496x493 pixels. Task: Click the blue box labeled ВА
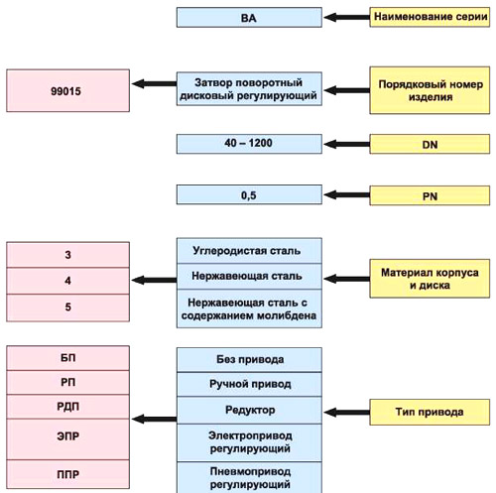[249, 18]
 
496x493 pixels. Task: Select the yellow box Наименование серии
[430, 17]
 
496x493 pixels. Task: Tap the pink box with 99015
[67, 90]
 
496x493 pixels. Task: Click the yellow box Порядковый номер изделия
[430, 90]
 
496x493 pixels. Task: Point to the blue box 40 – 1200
[249, 144]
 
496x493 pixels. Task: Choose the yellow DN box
[430, 144]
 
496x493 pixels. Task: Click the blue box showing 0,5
[249, 194]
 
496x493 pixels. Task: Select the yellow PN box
[430, 195]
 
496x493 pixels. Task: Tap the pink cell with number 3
[67, 255]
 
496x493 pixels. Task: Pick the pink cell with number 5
[67, 308]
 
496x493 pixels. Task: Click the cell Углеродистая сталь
[249, 251]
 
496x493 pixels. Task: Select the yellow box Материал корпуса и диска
[430, 279]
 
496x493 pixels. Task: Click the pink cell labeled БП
[67, 358]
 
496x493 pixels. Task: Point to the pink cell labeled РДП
[67, 407]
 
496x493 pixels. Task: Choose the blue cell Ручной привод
[249, 384]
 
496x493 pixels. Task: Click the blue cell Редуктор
[249, 411]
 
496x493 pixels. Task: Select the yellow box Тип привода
[430, 412]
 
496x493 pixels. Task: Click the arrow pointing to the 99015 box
[154, 83]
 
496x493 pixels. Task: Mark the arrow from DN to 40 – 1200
[346, 144]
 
